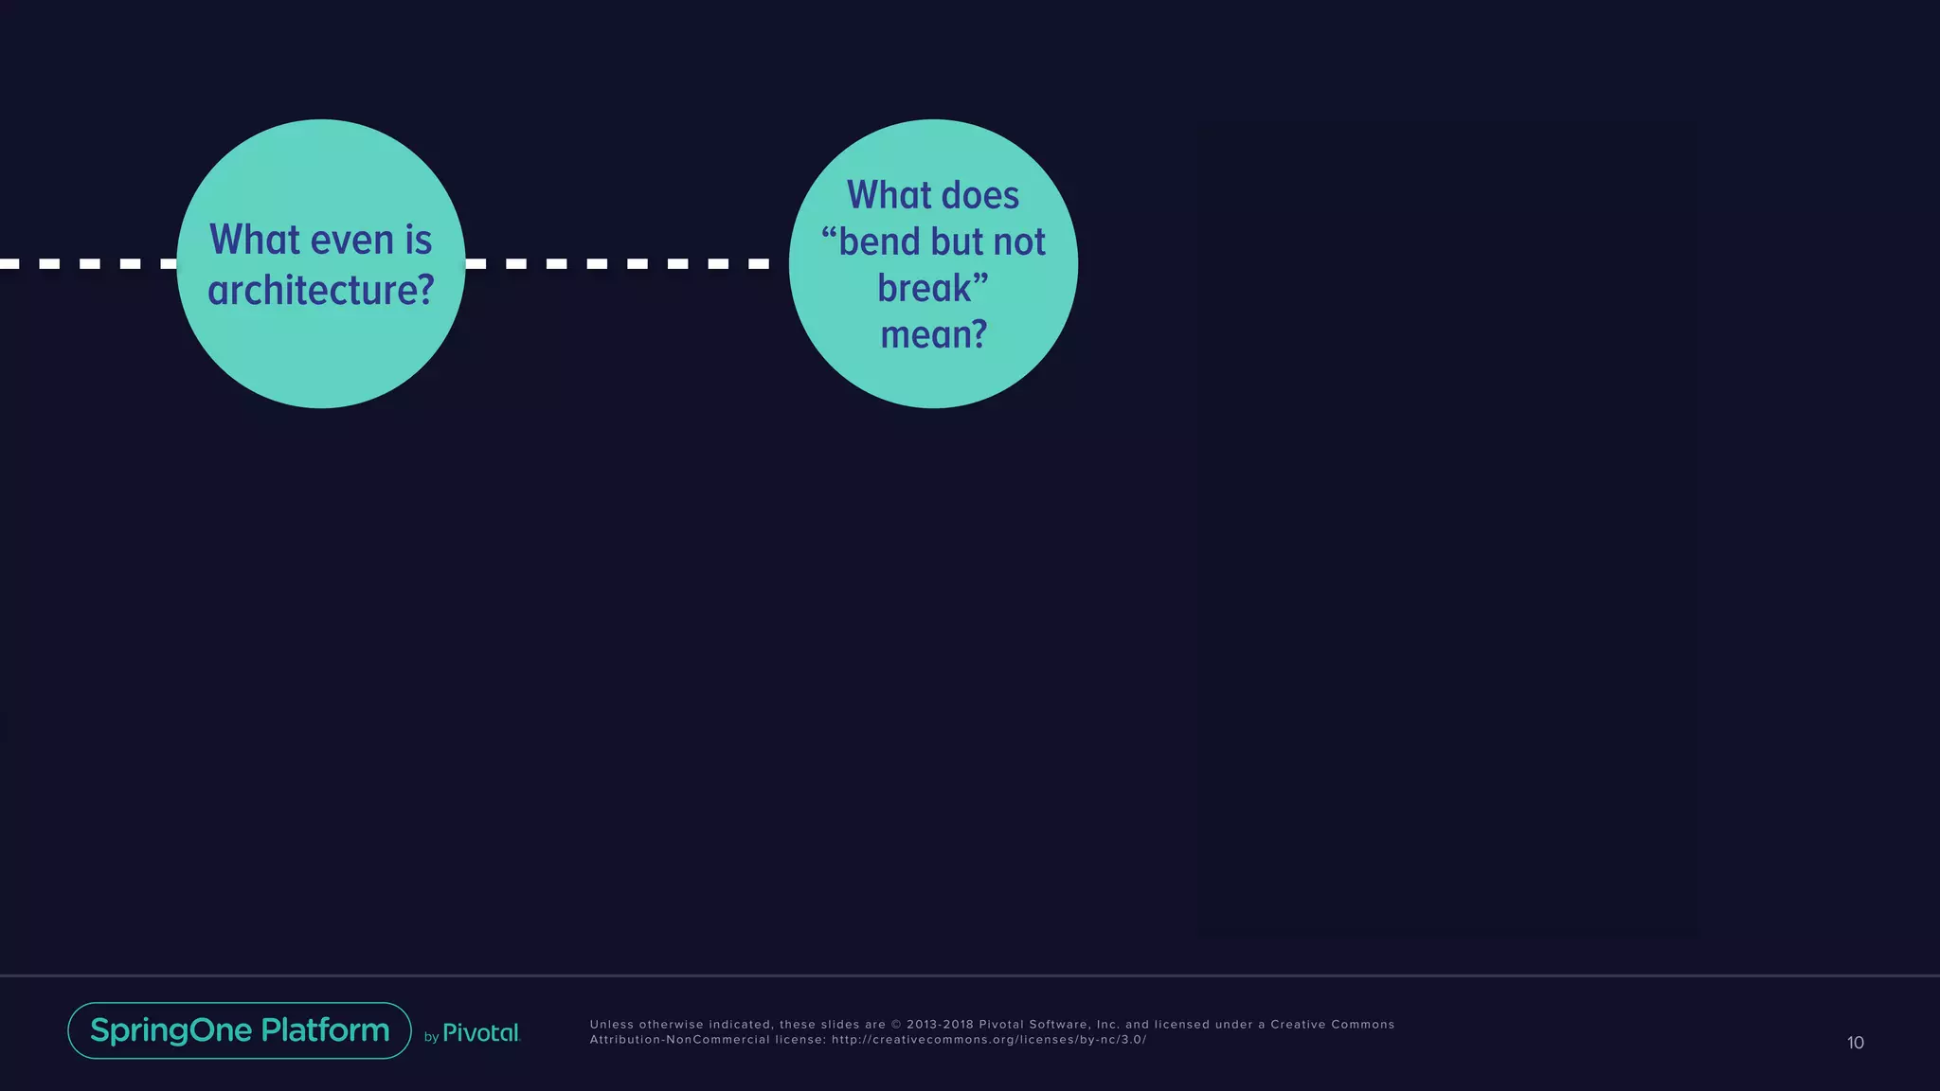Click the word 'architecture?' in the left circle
[321, 291]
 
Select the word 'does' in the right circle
[980, 196]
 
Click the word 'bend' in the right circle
[879, 242]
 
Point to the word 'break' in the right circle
[925, 289]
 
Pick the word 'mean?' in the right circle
[934, 335]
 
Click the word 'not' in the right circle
[1019, 242]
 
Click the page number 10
[1855, 1043]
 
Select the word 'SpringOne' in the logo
[171, 1030]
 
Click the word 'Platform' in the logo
[325, 1030]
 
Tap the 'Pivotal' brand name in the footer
[481, 1033]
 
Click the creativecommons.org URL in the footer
[989, 1040]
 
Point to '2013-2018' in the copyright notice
[940, 1025]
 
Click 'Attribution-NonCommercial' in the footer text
[679, 1040]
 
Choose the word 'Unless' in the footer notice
[611, 1025]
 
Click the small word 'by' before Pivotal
[431, 1037]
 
